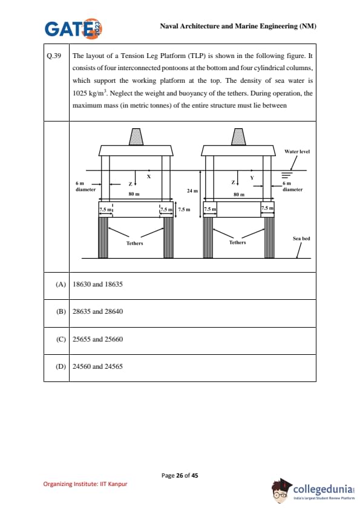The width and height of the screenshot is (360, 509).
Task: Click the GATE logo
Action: coord(74,28)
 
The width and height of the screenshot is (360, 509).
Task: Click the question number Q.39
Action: coord(54,56)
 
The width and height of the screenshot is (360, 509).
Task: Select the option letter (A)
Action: coord(61,284)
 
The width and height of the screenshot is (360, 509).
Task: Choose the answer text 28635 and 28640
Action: coord(98,311)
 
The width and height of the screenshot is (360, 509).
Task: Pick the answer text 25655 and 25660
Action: coord(98,339)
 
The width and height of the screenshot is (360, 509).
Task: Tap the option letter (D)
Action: coord(61,366)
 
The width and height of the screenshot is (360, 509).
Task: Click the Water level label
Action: coord(297,152)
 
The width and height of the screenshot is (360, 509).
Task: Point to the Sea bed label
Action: coord(301,239)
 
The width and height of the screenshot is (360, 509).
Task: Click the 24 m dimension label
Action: coord(192,191)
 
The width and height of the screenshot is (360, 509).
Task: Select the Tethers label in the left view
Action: coord(134,243)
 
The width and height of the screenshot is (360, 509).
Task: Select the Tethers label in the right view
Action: coord(238,242)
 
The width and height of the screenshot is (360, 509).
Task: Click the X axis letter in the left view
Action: coord(149,177)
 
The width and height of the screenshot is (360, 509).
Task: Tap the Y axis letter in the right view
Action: coord(252,178)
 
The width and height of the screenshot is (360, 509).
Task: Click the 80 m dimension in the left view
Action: coord(134,194)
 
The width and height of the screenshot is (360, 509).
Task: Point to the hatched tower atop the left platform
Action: coord(136,137)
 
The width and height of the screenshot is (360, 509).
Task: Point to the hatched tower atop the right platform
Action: coord(238,137)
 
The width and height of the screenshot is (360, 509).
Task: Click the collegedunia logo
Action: coord(313,490)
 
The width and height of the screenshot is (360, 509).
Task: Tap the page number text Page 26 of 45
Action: coord(180,476)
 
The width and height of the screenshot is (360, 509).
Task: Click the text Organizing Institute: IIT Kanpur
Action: coord(85,484)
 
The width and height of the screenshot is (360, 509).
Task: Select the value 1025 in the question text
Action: coord(80,94)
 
